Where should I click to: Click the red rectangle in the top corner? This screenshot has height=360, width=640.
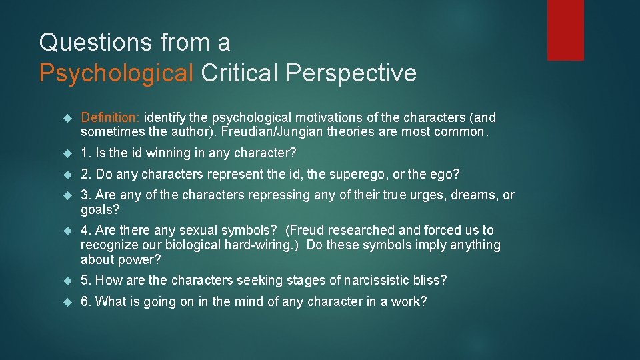point(565,30)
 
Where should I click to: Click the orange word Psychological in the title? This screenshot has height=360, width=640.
point(116,73)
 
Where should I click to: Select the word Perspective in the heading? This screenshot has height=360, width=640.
point(351,73)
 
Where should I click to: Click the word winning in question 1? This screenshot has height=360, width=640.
point(164,153)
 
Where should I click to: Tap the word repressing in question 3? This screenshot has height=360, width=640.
point(278,195)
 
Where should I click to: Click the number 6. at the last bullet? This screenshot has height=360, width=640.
point(86,302)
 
